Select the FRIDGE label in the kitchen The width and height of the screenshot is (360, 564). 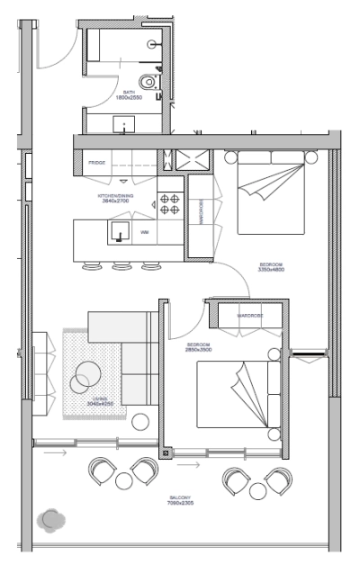97,163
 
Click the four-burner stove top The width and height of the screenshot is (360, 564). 170,204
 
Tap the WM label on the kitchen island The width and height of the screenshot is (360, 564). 144,232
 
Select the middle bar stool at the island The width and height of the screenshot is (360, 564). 119,265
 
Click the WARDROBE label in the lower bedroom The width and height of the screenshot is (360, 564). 249,316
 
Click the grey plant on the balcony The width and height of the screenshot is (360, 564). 51,519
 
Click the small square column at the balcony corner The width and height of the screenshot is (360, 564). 165,453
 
